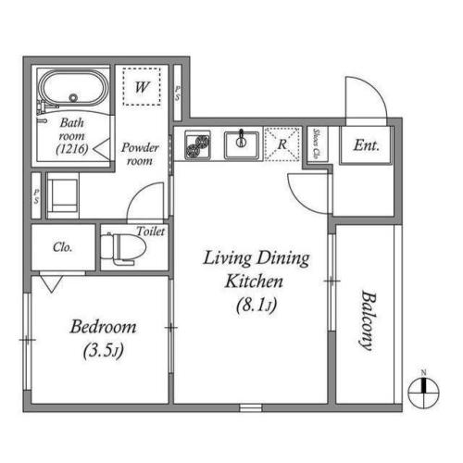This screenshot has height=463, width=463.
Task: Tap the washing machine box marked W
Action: pos(142,88)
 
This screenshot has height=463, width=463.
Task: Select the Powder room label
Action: pos(142,154)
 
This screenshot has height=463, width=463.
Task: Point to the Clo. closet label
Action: pos(63,248)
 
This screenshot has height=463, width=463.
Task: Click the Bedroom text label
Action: pos(104,327)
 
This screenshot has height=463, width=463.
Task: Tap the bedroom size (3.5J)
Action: pos(104,351)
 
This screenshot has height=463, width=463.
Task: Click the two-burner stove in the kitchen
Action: pos(198,144)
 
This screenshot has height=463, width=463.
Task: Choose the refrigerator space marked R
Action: pos(281,144)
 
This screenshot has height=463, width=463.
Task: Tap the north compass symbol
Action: pos(423,391)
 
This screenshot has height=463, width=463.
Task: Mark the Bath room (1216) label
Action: pos(70,134)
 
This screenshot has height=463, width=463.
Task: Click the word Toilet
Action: pos(150,231)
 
